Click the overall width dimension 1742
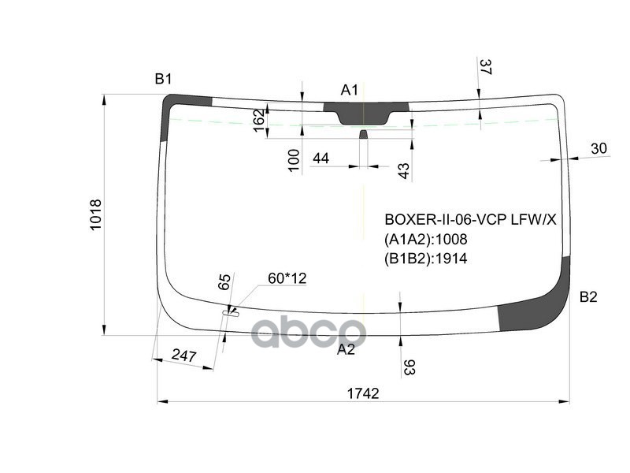(362, 393)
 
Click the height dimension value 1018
(96, 214)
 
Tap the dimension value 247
(183, 356)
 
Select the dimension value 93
(409, 367)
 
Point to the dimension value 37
(485, 68)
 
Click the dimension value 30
(598, 148)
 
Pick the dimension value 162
(259, 120)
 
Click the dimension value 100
(294, 160)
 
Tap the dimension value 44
(321, 158)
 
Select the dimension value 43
(403, 171)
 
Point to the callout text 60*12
(287, 277)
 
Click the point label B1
(163, 79)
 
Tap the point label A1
(349, 90)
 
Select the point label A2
(346, 349)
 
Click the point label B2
(588, 297)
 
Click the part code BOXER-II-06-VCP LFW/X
(469, 220)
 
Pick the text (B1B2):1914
(425, 258)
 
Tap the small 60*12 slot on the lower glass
(231, 314)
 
